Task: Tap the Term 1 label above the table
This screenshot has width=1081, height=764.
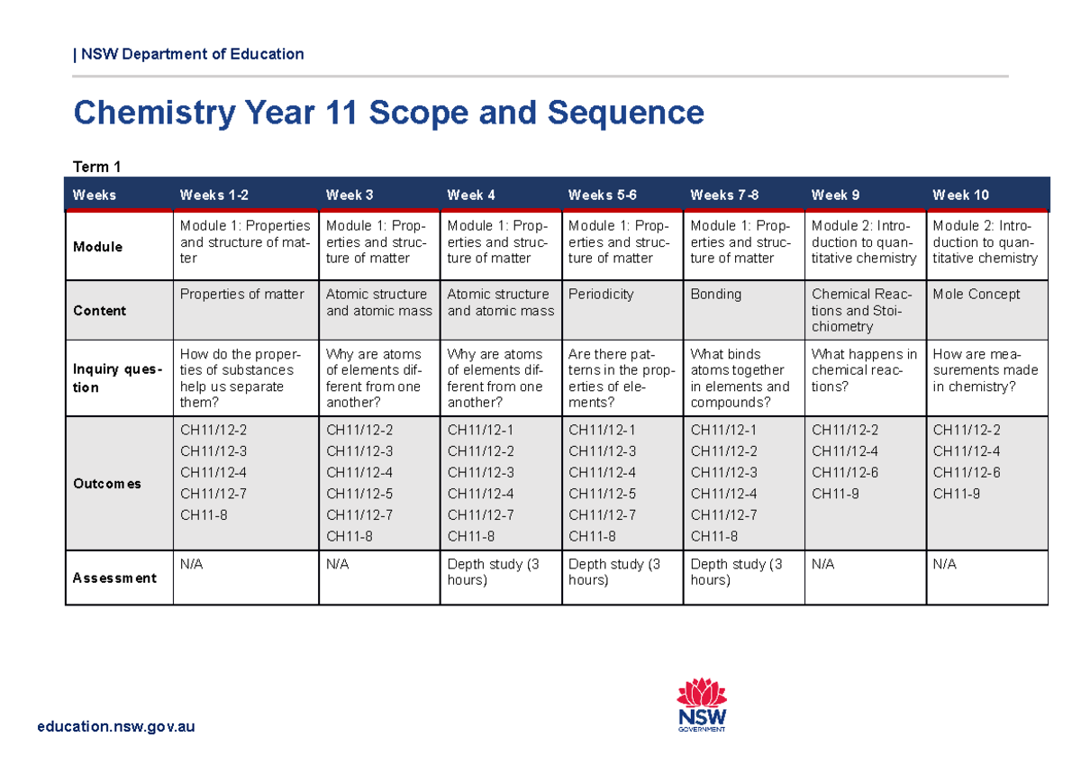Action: coord(96,167)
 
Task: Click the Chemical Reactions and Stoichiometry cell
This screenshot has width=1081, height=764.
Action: coord(862,310)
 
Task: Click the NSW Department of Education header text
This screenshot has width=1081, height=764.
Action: coord(190,54)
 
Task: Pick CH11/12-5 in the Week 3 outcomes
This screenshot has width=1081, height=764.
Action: coord(359,494)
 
